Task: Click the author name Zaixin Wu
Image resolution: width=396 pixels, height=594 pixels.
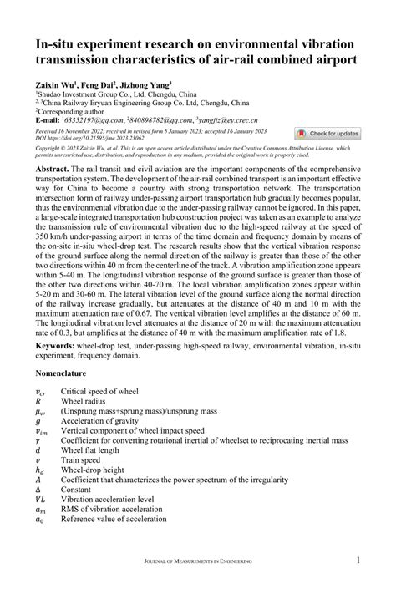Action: [55, 84]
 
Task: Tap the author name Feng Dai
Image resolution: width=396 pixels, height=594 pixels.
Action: [99, 84]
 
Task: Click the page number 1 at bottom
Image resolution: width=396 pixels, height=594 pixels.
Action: [358, 560]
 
